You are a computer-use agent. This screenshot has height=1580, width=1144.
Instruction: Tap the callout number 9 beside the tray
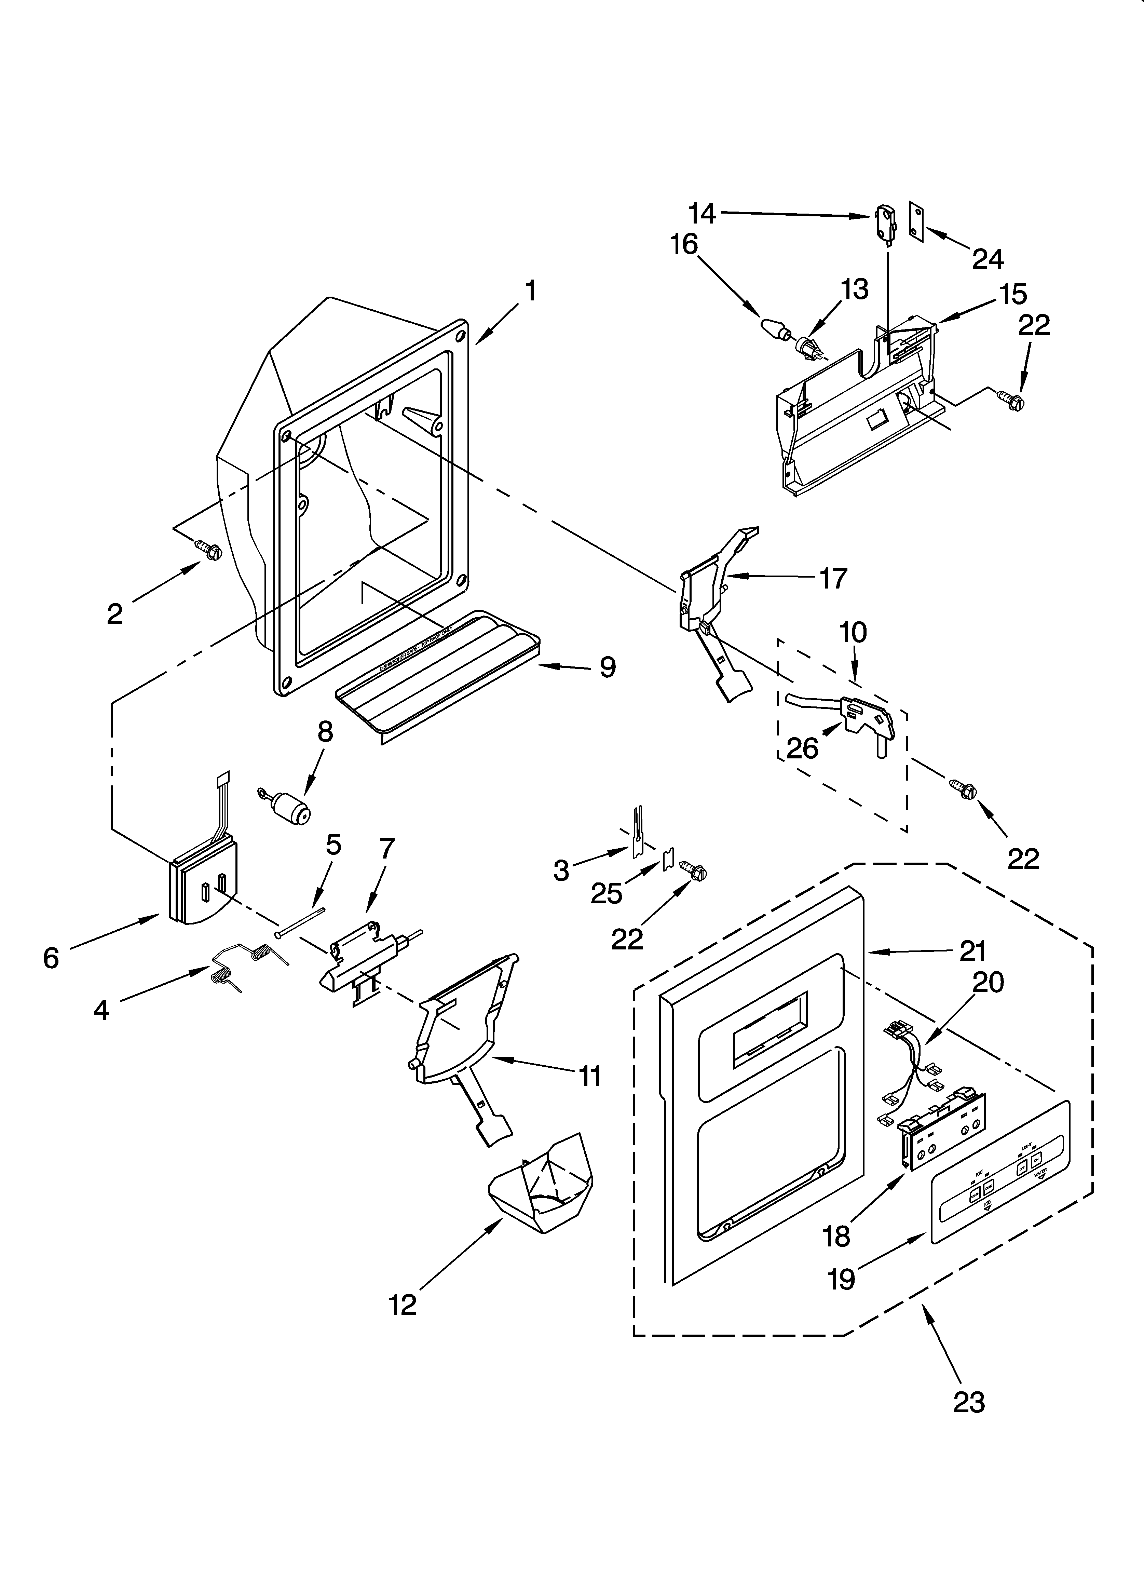click(x=608, y=667)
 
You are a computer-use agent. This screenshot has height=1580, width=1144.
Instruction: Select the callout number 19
click(x=842, y=1279)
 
